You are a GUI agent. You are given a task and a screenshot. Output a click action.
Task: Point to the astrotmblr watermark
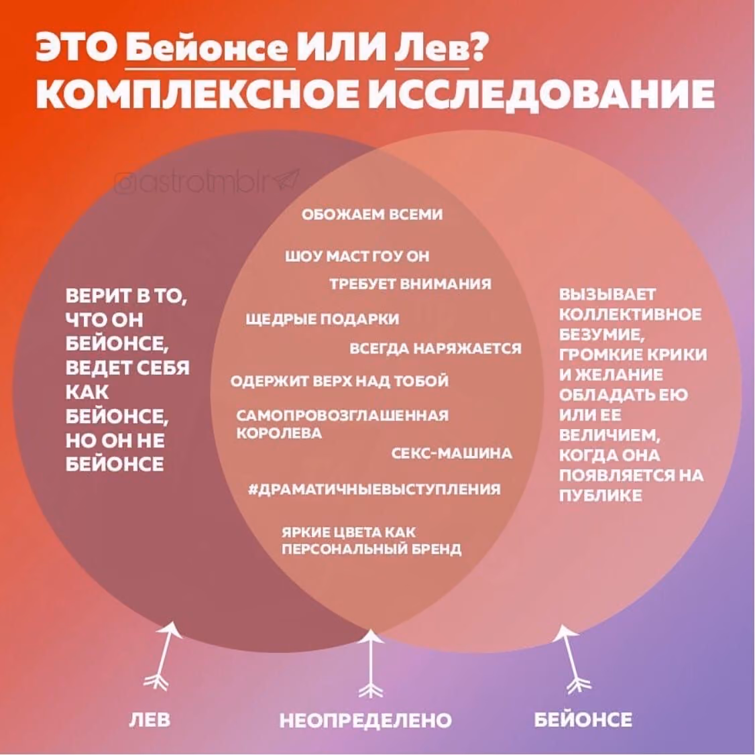[207, 182]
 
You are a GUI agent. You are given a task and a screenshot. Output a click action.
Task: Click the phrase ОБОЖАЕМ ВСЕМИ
[371, 215]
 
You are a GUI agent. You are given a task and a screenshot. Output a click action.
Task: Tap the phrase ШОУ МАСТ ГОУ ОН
[357, 256]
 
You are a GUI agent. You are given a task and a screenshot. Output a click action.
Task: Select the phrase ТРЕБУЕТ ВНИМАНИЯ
[411, 284]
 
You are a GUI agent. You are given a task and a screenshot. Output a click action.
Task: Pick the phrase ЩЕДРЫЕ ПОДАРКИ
[322, 318]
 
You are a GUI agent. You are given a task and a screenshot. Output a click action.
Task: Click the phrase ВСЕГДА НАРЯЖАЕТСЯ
[435, 348]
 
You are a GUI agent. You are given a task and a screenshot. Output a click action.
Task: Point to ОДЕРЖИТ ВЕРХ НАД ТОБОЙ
[339, 382]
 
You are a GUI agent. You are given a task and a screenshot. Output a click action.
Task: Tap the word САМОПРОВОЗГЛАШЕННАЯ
[343, 415]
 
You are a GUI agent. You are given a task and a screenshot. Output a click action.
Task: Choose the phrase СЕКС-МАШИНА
[452, 453]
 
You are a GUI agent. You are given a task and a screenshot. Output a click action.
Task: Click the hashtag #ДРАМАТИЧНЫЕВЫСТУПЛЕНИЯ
[374, 489]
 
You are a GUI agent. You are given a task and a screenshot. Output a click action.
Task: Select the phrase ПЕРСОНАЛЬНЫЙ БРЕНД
[371, 549]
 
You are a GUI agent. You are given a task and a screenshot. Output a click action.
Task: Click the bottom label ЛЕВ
[150, 719]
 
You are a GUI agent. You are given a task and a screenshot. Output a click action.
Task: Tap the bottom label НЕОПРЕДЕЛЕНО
[365, 720]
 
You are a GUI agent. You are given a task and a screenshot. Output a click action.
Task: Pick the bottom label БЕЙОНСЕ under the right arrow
[583, 719]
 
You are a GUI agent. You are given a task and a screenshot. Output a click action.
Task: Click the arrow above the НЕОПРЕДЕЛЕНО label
[370, 664]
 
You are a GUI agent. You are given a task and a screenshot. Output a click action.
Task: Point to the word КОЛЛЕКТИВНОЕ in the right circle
[630, 314]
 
